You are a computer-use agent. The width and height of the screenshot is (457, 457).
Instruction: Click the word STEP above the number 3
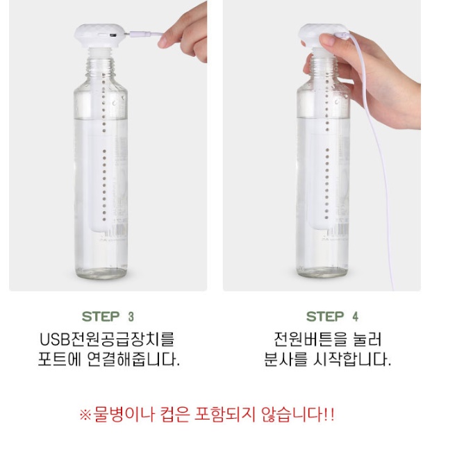coord(101,316)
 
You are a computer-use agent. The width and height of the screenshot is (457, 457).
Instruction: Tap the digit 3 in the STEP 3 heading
coord(131,317)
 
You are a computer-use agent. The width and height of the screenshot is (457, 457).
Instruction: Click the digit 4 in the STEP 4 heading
coord(356,317)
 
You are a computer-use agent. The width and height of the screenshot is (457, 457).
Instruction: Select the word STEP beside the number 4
coord(325,316)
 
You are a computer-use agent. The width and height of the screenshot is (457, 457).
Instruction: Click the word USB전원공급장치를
coord(107,339)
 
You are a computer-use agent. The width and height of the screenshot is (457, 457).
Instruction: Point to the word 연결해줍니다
coord(133,359)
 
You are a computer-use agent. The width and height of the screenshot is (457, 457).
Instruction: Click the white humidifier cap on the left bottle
coord(100,35)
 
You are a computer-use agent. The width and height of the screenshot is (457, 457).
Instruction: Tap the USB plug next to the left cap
coord(140,34)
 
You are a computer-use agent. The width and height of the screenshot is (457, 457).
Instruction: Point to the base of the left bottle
coord(101,272)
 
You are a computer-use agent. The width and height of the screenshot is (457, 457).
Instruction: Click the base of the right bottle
coord(323,272)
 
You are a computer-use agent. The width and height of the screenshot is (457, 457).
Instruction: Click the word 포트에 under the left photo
coord(59,359)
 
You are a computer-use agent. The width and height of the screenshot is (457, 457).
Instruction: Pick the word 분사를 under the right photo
coord(285,359)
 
